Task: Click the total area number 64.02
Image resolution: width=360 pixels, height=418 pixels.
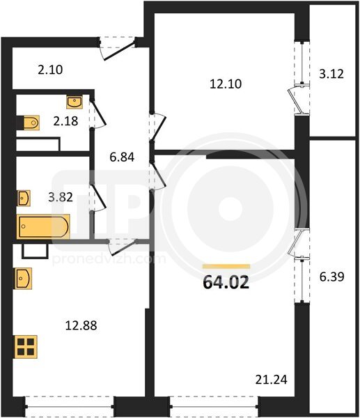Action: [226, 282]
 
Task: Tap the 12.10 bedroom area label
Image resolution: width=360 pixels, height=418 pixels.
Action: [226, 84]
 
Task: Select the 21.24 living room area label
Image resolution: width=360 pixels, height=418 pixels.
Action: [272, 380]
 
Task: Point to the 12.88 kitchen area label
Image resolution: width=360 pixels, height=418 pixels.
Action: [81, 325]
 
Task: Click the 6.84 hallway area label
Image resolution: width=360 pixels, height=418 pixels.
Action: [122, 157]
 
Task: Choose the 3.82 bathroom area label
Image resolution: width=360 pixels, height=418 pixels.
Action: [61, 197]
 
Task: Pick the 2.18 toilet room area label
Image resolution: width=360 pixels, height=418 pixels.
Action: [65, 121]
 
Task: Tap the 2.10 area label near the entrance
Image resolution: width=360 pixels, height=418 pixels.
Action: [50, 70]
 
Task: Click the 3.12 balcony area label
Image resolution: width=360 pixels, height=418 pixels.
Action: [331, 74]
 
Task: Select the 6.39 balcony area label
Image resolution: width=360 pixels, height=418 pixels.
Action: [332, 277]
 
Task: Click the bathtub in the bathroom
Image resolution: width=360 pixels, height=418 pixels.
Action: [43, 226]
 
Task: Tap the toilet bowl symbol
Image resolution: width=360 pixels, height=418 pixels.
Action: [31, 123]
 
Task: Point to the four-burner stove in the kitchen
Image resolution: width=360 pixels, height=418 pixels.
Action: [26, 346]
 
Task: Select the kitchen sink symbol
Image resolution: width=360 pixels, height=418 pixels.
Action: [24, 278]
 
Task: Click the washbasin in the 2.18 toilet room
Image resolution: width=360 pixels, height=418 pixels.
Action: [75, 102]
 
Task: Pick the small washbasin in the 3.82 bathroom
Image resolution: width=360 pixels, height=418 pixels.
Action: [24, 198]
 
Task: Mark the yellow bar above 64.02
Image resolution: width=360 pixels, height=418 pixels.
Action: [226, 266]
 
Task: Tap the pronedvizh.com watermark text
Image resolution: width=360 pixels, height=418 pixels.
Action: [109, 259]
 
